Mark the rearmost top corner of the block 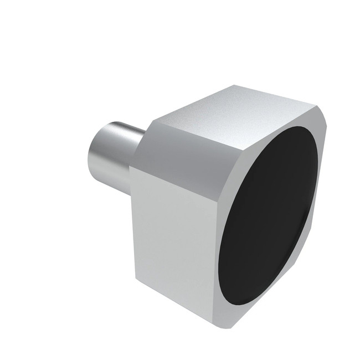(235, 86)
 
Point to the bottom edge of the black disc (238, 302)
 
